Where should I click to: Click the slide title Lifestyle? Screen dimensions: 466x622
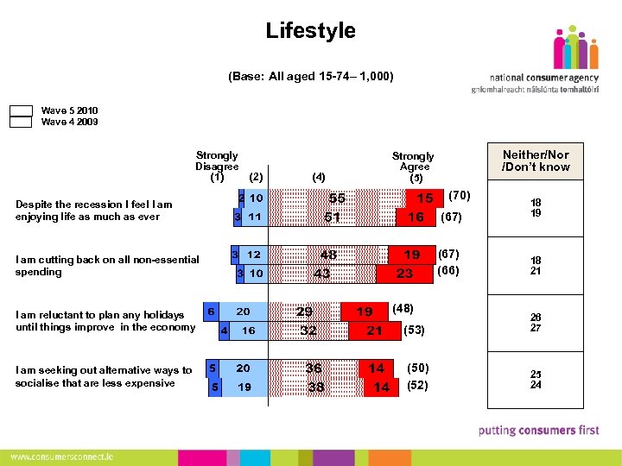(310, 31)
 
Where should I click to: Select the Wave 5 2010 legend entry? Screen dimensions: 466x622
(69, 110)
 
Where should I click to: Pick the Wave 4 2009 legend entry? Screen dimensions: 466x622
(69, 122)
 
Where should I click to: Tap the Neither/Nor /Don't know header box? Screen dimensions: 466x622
(536, 161)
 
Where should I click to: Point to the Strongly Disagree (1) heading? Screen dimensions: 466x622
(217, 167)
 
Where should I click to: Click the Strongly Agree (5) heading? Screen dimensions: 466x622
(413, 167)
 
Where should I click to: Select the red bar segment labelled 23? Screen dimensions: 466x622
(405, 274)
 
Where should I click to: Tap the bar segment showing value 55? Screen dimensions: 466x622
(337, 198)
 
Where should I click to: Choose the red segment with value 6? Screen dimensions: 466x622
(210, 311)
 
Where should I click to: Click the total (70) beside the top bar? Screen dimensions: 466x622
(460, 196)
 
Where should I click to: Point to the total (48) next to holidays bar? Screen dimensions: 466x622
(403, 308)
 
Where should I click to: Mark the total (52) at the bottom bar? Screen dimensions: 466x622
(417, 386)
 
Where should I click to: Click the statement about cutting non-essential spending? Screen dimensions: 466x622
(106, 266)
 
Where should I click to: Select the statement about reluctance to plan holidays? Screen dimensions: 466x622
(105, 321)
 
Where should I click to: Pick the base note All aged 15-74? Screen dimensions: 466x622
(310, 77)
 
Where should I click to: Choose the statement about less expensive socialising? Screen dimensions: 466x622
(103, 376)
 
